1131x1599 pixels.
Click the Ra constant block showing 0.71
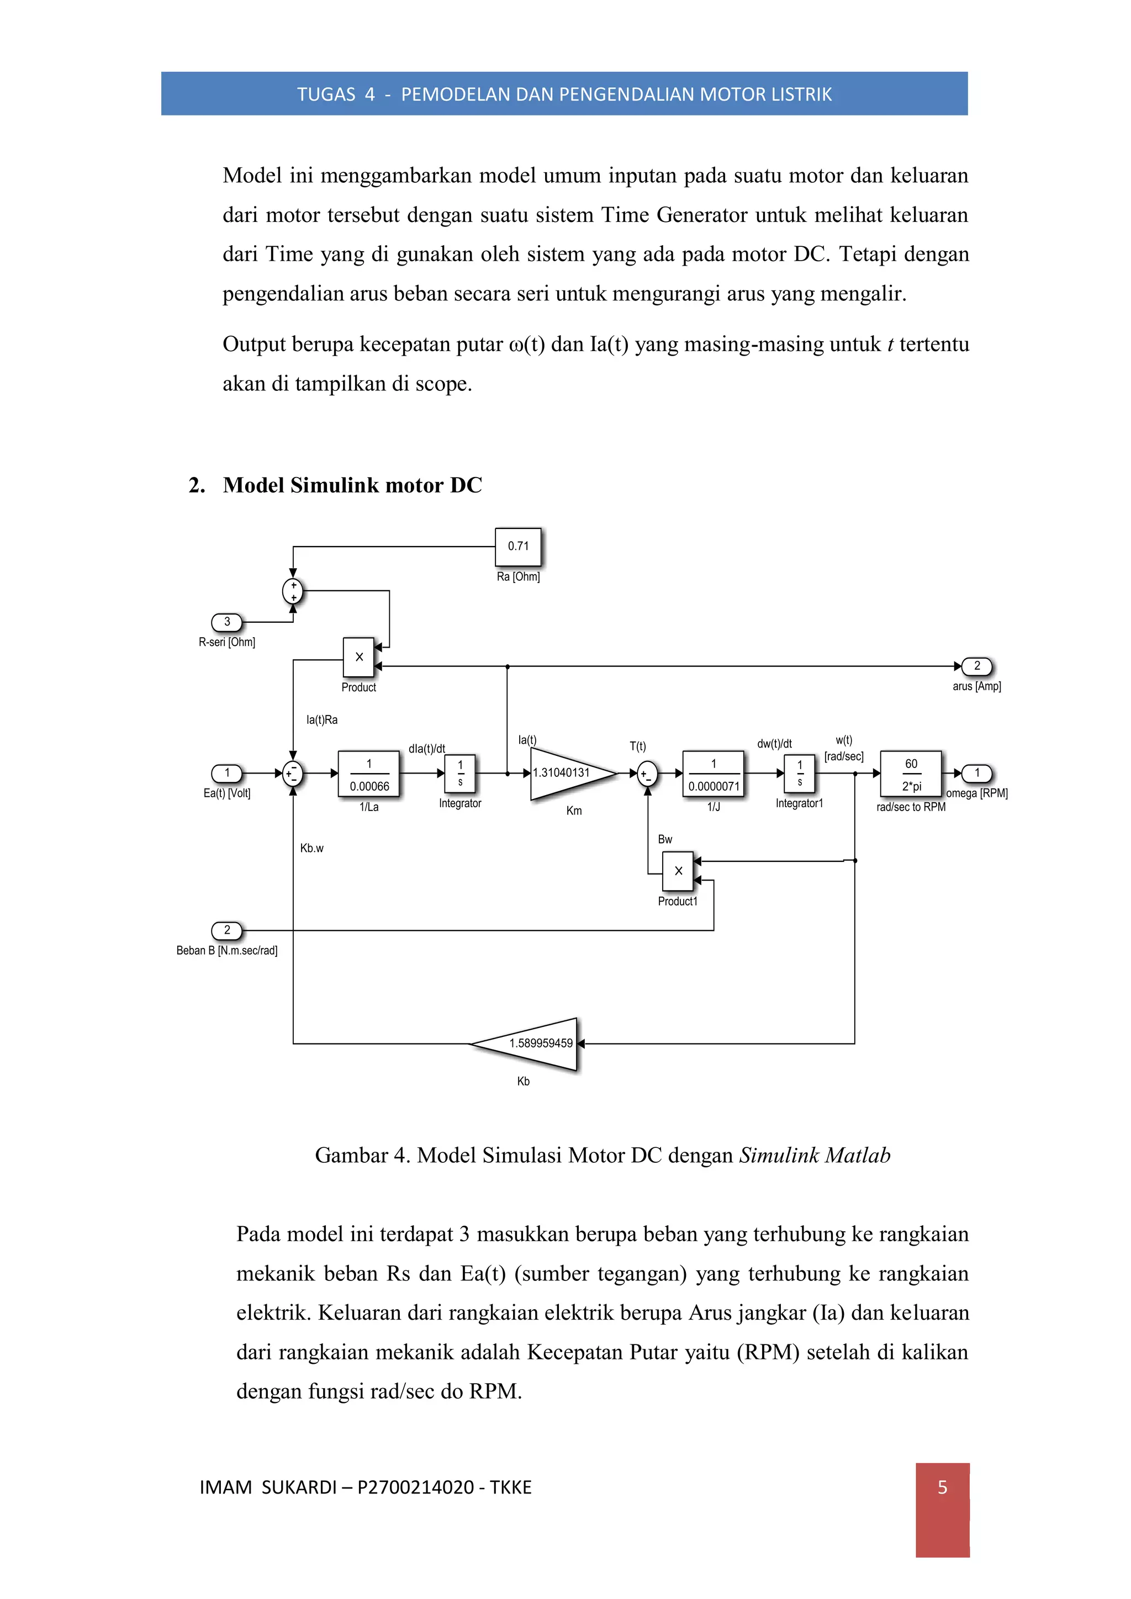[x=517, y=547]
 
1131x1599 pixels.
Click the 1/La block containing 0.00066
[x=368, y=774]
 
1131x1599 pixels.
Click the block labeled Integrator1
[x=800, y=773]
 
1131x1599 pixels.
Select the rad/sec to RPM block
[x=910, y=774]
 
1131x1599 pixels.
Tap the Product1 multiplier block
[x=678, y=871]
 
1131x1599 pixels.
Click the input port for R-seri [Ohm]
[x=227, y=622]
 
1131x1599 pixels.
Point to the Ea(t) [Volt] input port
[x=227, y=773]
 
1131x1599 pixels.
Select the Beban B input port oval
[x=227, y=930]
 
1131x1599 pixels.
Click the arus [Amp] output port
[x=976, y=666]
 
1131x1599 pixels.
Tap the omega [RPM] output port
[x=976, y=773]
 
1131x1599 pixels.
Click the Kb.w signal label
[x=311, y=848]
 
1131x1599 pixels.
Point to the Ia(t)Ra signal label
[x=322, y=720]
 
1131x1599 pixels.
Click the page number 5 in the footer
[x=942, y=1487]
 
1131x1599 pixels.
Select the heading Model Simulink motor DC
[x=352, y=485]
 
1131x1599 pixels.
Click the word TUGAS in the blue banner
[x=326, y=95]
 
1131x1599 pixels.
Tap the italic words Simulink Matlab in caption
[x=814, y=1156]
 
